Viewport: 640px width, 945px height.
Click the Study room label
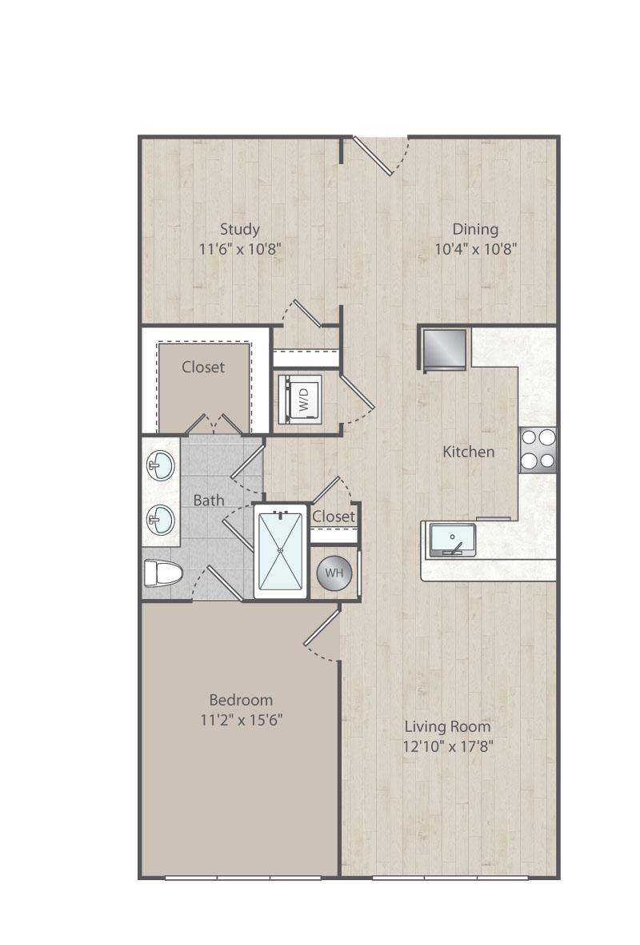240,229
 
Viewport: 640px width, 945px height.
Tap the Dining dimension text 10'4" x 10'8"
476,249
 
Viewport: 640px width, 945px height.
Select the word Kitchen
469,452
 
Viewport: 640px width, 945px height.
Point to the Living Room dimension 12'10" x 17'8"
448,746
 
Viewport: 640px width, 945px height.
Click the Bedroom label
241,700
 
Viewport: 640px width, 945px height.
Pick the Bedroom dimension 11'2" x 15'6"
242,720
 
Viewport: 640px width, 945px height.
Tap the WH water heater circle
334,573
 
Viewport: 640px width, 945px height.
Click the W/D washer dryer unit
300,399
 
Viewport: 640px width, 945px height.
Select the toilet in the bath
163,573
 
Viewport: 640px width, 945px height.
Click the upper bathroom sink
161,465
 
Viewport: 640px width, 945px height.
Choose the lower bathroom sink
161,519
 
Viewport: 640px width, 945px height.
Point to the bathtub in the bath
281,551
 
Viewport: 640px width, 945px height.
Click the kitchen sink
451,540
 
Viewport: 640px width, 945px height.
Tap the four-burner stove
538,449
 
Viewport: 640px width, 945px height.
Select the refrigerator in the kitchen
444,348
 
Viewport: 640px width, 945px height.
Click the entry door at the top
380,155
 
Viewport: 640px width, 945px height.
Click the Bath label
208,501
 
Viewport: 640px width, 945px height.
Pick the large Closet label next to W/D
203,367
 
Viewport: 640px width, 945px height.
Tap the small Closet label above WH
334,517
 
